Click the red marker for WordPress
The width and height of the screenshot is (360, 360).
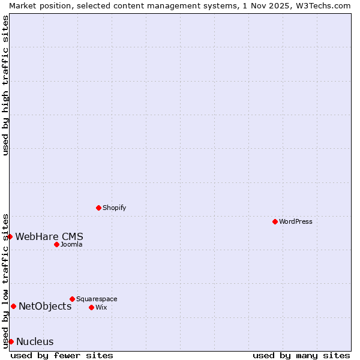[x=275, y=221]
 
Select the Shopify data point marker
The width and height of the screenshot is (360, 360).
[x=98, y=208]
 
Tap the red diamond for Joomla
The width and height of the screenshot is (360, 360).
[x=56, y=244]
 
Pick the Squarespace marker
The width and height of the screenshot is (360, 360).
[x=72, y=299]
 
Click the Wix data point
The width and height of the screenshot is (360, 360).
[x=91, y=307]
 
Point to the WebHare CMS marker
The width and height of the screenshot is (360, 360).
[x=10, y=236]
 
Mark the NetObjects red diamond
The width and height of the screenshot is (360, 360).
[x=13, y=306]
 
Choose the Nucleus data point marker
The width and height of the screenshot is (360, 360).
[x=11, y=341]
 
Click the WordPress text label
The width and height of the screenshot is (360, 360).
[x=296, y=221]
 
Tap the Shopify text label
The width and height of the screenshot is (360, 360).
[x=114, y=208]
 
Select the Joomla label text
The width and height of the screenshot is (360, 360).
[x=71, y=244]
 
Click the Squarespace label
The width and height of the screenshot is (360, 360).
[x=97, y=299]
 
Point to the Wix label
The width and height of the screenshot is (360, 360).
[x=101, y=307]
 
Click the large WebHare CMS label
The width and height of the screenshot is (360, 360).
[x=49, y=236]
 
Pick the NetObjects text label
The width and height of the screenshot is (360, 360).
[x=45, y=306]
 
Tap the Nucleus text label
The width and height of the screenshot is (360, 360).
[x=35, y=341]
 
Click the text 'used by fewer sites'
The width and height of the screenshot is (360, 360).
[x=62, y=355]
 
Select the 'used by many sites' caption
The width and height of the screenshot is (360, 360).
[x=301, y=355]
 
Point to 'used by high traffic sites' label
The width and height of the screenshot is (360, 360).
[x=5, y=85]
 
